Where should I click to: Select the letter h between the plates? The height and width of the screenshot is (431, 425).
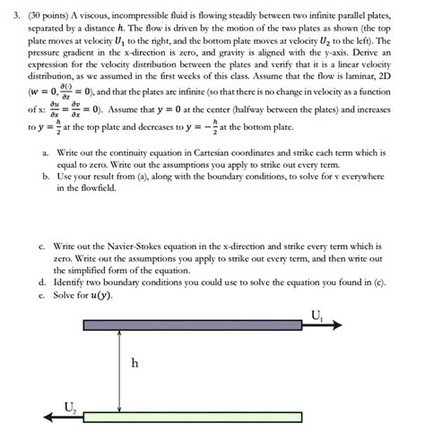point(134,364)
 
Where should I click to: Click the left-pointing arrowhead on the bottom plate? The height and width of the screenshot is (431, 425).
point(47,417)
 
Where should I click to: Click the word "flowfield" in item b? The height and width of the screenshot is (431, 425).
point(79,216)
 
